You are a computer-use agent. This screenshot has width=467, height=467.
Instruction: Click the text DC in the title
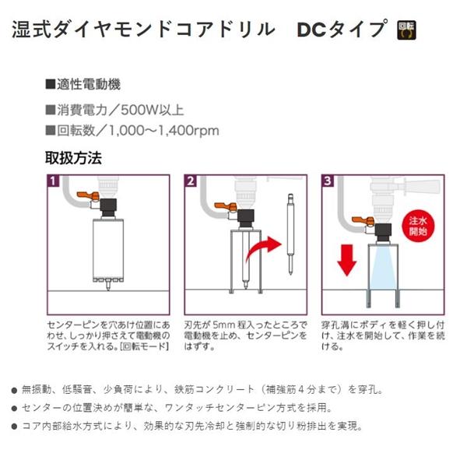tap(313, 30)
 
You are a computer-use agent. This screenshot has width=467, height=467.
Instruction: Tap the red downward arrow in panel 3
tap(347, 259)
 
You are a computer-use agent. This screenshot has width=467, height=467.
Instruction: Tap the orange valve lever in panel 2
tap(220, 208)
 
